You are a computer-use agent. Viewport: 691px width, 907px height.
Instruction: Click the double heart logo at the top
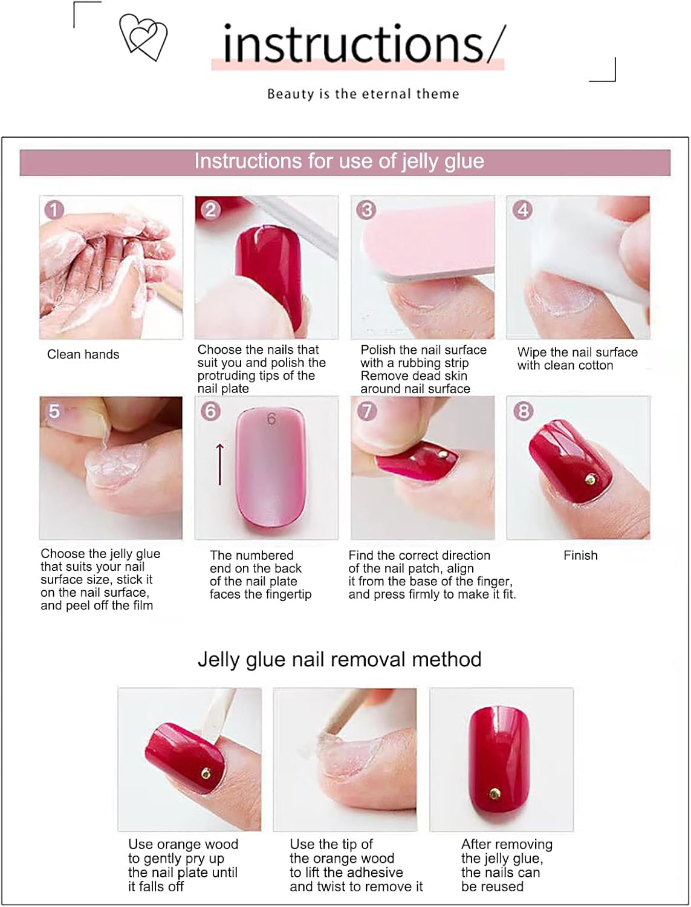coord(143,37)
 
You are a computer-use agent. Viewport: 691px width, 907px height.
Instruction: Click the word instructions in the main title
coord(353,44)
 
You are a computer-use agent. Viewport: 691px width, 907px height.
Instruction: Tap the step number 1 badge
coord(54,210)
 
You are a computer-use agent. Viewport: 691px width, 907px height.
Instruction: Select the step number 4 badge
coord(522,210)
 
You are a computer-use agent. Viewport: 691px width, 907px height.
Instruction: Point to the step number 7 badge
coord(366,411)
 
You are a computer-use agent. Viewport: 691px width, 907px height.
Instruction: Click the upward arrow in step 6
coord(220,464)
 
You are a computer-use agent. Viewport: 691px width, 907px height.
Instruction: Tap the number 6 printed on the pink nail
coord(271,418)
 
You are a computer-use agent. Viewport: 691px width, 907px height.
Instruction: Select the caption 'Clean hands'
coord(83,354)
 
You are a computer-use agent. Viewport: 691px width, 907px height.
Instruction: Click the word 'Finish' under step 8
coord(580,555)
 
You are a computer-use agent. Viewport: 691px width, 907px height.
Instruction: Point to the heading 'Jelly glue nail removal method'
coord(339,659)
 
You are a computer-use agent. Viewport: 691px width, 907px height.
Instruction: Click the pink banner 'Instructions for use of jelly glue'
coord(345,162)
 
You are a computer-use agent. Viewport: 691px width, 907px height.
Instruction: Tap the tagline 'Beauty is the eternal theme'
coord(363,94)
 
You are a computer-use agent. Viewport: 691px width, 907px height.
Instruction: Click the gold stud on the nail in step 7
coord(442,453)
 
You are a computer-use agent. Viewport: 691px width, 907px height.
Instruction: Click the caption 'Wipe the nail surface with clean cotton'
coord(577,359)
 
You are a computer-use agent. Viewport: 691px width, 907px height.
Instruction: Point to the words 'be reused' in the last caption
coord(492,886)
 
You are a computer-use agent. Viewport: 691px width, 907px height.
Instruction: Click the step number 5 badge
coord(54,411)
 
